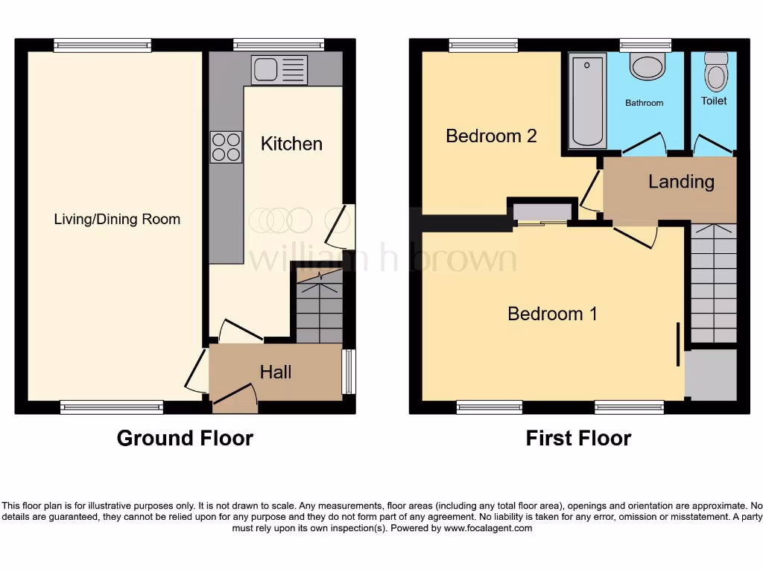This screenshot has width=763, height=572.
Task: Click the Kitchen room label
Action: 291,144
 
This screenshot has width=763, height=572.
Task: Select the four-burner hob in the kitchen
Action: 227,147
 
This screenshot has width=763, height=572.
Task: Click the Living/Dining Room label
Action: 117,219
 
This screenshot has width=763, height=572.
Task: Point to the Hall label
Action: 275,372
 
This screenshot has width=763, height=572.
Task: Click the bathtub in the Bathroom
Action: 587,100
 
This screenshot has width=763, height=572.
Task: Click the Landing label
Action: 680,182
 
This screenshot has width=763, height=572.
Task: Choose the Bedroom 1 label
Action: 552,314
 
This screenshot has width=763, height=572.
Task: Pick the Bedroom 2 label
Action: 491,136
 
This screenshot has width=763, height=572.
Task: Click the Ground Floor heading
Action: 185,438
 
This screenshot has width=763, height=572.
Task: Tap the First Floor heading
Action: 578,438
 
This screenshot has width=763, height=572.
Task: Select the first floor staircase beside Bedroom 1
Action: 713,283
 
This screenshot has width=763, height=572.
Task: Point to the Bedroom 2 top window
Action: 484,45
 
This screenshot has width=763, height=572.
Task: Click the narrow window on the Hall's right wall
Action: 347,372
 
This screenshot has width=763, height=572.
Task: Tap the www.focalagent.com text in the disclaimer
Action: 488,528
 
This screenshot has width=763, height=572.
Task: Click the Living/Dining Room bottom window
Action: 112,407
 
